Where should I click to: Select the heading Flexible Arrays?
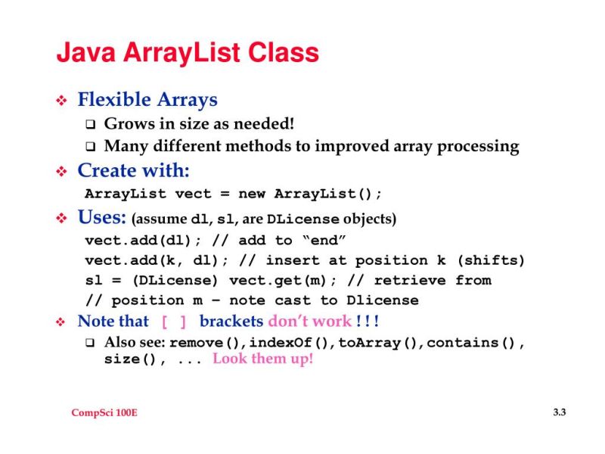click(x=147, y=100)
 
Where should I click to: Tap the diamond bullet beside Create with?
click(x=63, y=172)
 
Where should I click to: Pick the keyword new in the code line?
click(x=251, y=193)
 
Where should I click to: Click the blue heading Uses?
click(x=101, y=219)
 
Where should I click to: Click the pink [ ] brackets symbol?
click(x=174, y=322)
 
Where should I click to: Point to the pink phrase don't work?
click(x=309, y=321)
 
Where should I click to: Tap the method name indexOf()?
click(x=290, y=343)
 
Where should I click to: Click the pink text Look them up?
click(x=262, y=359)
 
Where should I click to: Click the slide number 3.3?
click(x=559, y=412)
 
